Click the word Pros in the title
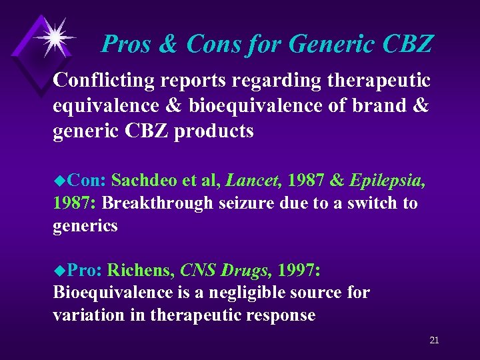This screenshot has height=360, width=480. coord(127,45)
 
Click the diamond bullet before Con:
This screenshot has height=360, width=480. coord(59,180)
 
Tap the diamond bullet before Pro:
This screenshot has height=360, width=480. coord(59,270)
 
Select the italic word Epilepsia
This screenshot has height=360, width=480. coord(386,179)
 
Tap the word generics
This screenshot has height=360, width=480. coord(85,227)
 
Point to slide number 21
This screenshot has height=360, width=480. coord(434,341)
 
